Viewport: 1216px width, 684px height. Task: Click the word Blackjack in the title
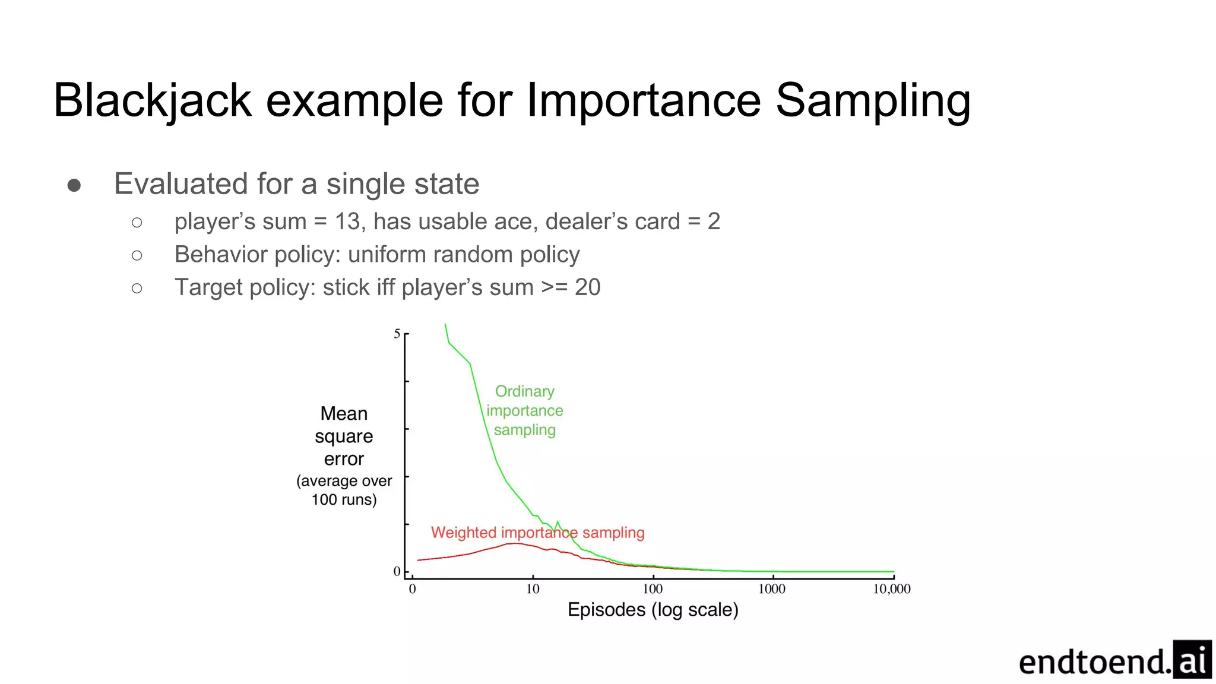point(153,101)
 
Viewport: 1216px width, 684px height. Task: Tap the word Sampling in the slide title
point(873,101)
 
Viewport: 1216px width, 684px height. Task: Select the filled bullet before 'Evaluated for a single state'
point(74,185)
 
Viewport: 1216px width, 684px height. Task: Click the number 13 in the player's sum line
point(348,221)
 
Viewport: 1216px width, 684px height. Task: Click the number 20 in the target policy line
point(587,287)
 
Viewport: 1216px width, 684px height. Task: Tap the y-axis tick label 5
point(397,334)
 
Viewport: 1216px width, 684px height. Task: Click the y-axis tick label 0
point(397,571)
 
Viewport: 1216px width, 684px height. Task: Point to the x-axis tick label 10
point(533,589)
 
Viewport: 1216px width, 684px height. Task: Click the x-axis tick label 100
point(653,589)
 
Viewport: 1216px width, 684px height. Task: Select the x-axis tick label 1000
point(772,589)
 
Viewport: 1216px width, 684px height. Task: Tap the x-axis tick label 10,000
point(891,589)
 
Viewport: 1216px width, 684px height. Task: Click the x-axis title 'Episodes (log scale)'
point(653,610)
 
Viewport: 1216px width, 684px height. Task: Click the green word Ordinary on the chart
point(525,392)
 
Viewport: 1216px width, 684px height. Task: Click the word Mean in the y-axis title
point(344,414)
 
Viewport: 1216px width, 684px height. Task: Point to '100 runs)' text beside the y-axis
point(344,499)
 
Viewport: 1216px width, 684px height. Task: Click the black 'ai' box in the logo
point(1192,660)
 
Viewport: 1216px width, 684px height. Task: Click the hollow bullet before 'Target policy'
point(137,289)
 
